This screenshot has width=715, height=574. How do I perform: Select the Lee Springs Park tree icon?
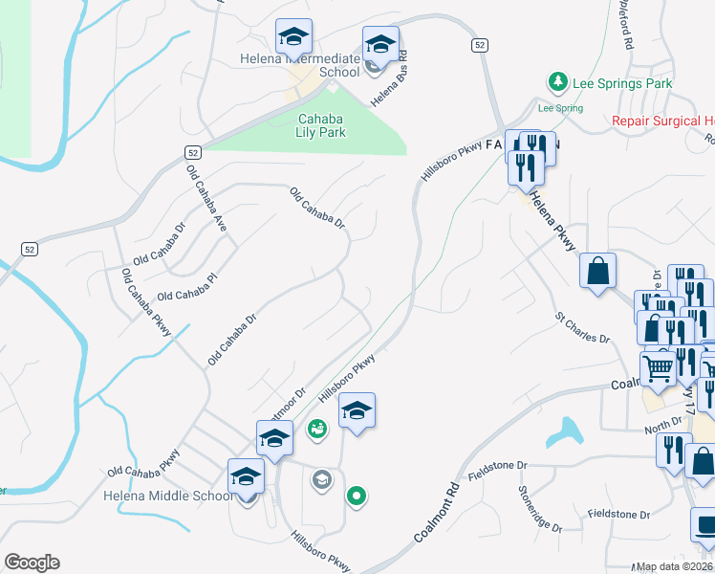(557, 83)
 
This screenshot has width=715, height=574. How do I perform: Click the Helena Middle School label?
(168, 496)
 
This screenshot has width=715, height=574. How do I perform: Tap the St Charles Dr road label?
(582, 326)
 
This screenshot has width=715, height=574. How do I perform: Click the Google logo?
(32, 563)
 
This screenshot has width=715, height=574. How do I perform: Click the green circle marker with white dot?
(357, 496)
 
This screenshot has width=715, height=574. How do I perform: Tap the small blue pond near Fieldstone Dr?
(563, 432)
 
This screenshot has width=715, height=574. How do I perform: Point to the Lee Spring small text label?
(560, 108)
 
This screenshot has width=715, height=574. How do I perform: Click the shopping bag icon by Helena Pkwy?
(597, 270)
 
